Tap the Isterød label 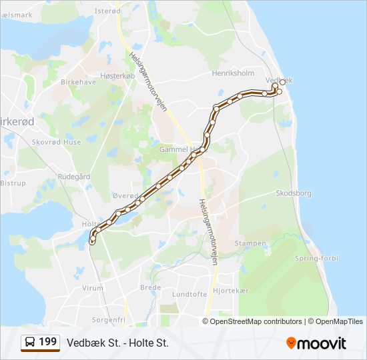pyautogui.click(x=107, y=11)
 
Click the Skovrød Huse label pyautogui.click(x=57, y=142)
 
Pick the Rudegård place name pyautogui.click(x=74, y=177)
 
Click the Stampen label pyautogui.click(x=250, y=244)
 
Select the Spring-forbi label pyautogui.click(x=316, y=258)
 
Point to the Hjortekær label pyautogui.click(x=230, y=291)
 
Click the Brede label pyautogui.click(x=150, y=287)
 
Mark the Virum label pyautogui.click(x=92, y=288)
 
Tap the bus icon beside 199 pyautogui.click(x=30, y=343)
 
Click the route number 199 pyautogui.click(x=48, y=342)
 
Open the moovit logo pyautogui.click(x=316, y=343)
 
